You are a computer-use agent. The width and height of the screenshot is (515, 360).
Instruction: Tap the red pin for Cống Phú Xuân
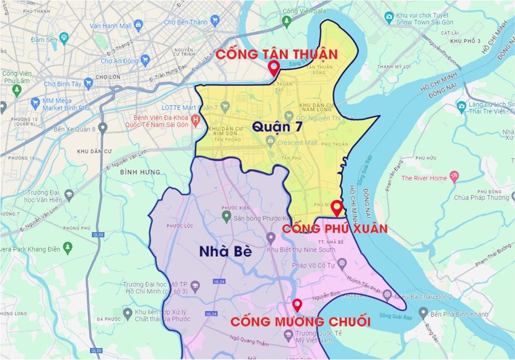coord(337,208)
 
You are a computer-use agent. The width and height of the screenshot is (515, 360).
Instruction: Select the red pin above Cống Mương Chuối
coord(297,305)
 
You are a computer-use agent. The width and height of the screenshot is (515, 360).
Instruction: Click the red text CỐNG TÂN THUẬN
coord(277,54)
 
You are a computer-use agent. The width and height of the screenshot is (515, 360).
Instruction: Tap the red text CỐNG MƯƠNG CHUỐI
coord(300,322)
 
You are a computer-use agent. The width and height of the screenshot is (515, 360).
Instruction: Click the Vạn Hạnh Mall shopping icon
coord(138,24)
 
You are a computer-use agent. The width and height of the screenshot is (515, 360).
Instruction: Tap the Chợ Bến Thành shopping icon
coord(215,21)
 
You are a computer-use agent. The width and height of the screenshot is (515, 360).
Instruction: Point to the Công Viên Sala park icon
coord(287,21)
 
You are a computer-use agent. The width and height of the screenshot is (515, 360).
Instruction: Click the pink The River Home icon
coord(454,177)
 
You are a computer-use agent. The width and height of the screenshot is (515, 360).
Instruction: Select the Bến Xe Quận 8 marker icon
coord(103,127)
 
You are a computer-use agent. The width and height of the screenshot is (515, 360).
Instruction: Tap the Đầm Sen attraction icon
coord(64,37)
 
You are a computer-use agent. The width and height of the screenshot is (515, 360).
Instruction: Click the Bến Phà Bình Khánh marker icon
coord(423,312)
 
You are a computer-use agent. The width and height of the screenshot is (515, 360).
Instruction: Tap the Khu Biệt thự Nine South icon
coord(271,238)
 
